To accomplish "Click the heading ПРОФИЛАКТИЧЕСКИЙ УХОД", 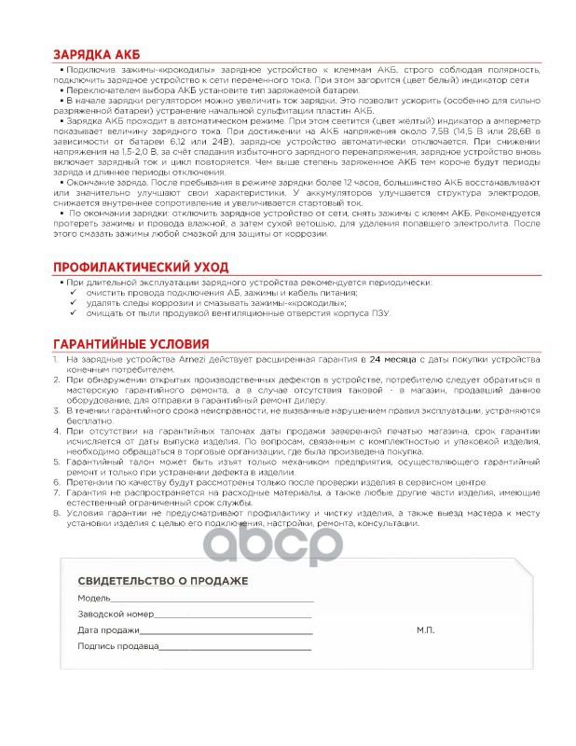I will (139, 268).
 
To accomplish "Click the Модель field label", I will (93, 598).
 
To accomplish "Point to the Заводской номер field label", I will (115, 615).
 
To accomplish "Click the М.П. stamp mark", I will (425, 630).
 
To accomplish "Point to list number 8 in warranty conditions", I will (58, 514).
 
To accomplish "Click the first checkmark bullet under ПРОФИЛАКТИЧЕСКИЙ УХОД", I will (75, 293).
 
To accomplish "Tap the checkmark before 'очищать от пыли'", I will (75, 313).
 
